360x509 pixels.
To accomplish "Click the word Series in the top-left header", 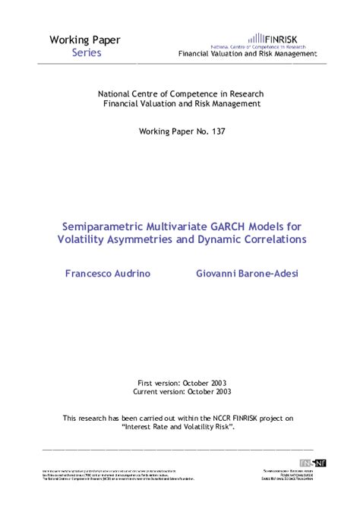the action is (x=87, y=53).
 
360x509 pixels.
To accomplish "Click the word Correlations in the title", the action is (x=268, y=239).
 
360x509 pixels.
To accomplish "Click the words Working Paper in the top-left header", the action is (x=85, y=40).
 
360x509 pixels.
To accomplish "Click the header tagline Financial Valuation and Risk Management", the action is (x=247, y=54).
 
